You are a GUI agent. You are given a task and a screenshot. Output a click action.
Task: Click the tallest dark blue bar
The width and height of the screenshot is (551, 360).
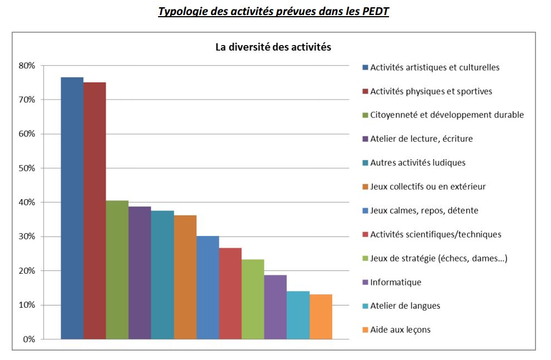point(72,208)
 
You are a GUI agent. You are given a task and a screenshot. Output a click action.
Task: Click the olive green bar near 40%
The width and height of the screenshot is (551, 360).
point(117,270)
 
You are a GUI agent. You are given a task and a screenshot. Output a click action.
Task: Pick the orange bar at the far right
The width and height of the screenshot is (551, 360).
point(321,317)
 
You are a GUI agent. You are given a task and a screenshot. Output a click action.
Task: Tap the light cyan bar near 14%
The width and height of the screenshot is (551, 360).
point(298,315)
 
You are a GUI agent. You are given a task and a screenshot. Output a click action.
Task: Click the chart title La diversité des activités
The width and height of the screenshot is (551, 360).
point(273,47)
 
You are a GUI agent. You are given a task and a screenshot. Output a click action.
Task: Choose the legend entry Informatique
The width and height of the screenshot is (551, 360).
point(396,282)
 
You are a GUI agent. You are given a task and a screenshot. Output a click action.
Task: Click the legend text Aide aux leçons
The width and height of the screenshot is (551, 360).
point(400,330)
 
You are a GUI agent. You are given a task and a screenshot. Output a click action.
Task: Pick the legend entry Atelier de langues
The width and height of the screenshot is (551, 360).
point(405,306)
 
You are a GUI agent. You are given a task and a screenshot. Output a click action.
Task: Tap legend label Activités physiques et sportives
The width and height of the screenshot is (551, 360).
point(431,91)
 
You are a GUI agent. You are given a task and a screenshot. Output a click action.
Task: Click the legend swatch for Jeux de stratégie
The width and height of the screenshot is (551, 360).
point(365,258)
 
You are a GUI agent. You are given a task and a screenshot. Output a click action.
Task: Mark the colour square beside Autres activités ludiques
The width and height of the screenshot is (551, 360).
point(365,163)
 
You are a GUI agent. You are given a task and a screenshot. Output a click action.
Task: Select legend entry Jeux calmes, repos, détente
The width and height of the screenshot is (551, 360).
point(424,211)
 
